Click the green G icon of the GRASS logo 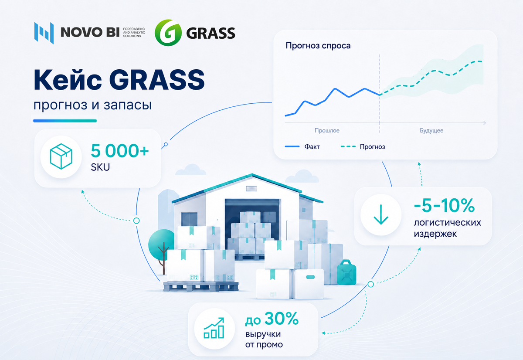[168, 33]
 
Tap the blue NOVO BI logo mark [44, 33]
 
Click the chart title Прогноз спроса [318, 45]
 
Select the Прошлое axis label [327, 130]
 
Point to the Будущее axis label [431, 130]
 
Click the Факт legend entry [302, 146]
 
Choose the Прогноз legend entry [363, 146]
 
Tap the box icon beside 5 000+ [61, 156]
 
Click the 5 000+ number [120, 151]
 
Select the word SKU [100, 167]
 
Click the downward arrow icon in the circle [381, 214]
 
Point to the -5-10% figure [444, 205]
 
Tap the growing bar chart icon [214, 328]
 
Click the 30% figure [282, 319]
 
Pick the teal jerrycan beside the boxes [347, 272]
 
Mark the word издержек [435, 234]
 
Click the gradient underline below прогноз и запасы [65, 121]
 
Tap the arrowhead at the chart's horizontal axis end [485, 123]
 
